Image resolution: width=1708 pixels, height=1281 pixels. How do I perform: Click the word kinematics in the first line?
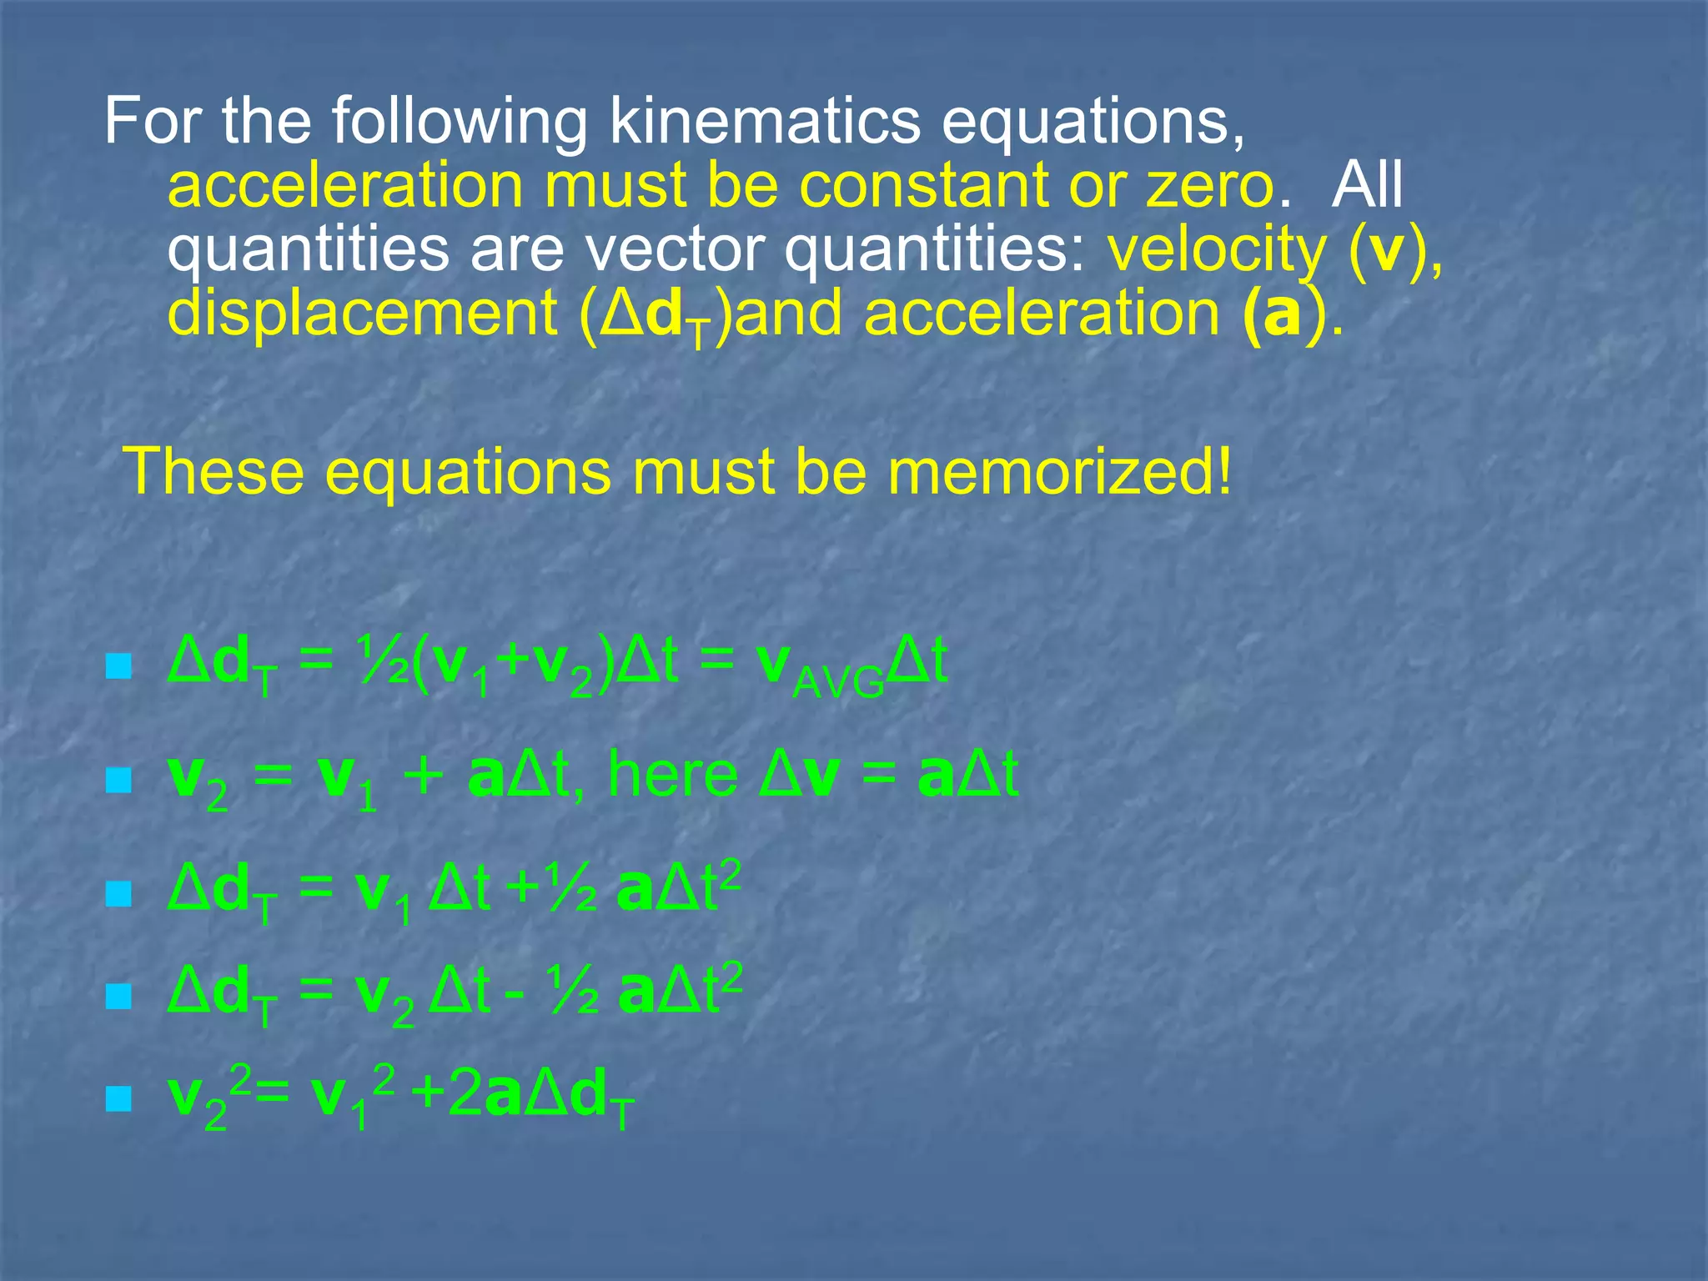click(764, 122)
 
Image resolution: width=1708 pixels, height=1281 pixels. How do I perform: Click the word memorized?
click(1059, 472)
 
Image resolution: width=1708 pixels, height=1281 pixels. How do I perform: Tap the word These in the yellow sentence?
click(213, 472)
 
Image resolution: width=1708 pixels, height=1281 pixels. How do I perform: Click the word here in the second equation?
click(672, 776)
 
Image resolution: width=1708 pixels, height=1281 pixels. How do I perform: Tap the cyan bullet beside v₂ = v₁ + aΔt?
click(119, 781)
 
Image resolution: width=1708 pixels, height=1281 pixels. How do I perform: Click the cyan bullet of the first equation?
click(119, 666)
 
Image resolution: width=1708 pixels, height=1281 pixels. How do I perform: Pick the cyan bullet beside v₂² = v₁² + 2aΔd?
click(119, 1098)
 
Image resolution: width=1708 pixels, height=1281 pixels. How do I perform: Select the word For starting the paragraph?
click(153, 122)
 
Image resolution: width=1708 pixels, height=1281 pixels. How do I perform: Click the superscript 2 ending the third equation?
click(730, 877)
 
